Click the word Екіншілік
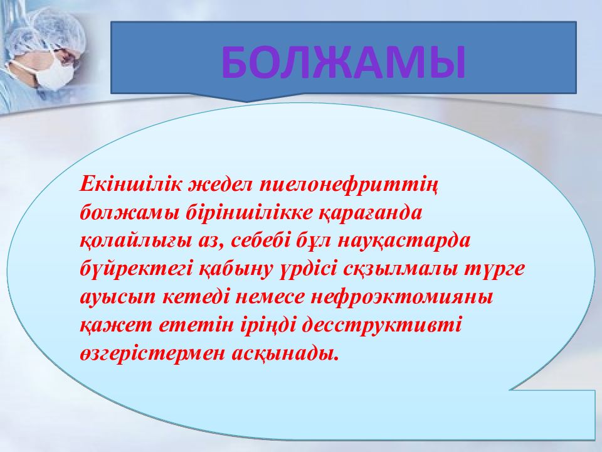pos(130,184)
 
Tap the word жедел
pos(220,185)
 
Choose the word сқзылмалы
pos(399,271)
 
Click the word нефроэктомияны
pos(401,299)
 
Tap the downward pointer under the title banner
pos(246,98)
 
